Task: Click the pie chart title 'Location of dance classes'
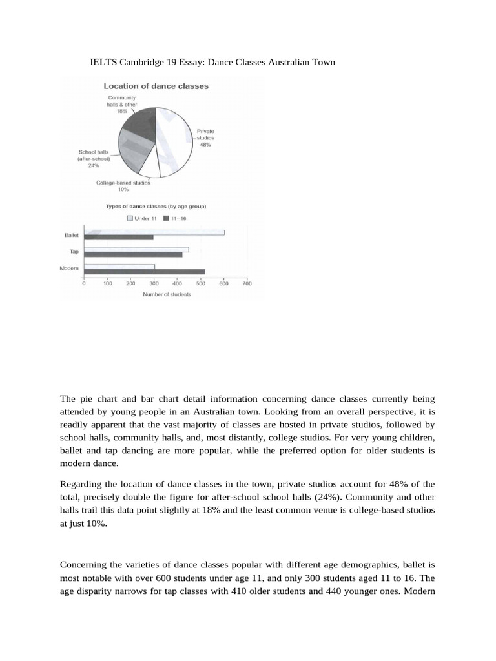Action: tap(156, 86)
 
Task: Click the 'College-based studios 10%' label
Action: tap(123, 186)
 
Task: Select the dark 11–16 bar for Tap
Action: tap(132, 254)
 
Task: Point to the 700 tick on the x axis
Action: tap(247, 283)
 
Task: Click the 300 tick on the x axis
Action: tap(154, 283)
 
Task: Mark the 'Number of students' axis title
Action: tap(163, 295)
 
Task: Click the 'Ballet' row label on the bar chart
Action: tap(71, 236)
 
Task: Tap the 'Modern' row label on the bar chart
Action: tap(69, 268)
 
